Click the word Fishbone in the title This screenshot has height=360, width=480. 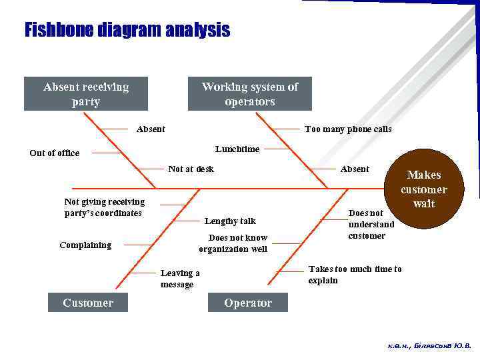pos(59,31)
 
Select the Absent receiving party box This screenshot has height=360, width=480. pos(86,94)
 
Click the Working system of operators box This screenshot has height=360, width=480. pos(249,94)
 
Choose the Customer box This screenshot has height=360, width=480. pos(88,303)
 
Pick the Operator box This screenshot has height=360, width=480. pos(248,303)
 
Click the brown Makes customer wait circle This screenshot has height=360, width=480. pos(423,189)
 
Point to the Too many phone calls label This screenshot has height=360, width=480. pos(348,129)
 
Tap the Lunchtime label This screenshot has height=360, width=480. pos(237,149)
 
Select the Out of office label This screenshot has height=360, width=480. pos(54,153)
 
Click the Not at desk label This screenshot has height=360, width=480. pos(191,169)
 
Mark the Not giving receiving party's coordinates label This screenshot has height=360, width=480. pos(104,207)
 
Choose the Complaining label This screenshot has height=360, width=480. pos(85,245)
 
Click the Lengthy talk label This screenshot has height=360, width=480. pos(230,221)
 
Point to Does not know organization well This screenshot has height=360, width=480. pos(233,243)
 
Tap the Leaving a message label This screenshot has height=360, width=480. pos(180,279)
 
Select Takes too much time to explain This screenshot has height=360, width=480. pos(355,275)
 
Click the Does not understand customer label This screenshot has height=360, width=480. pos(371,225)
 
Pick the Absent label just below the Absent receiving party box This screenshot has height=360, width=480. pos(151,129)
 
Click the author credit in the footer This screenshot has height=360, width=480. pos(429,346)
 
